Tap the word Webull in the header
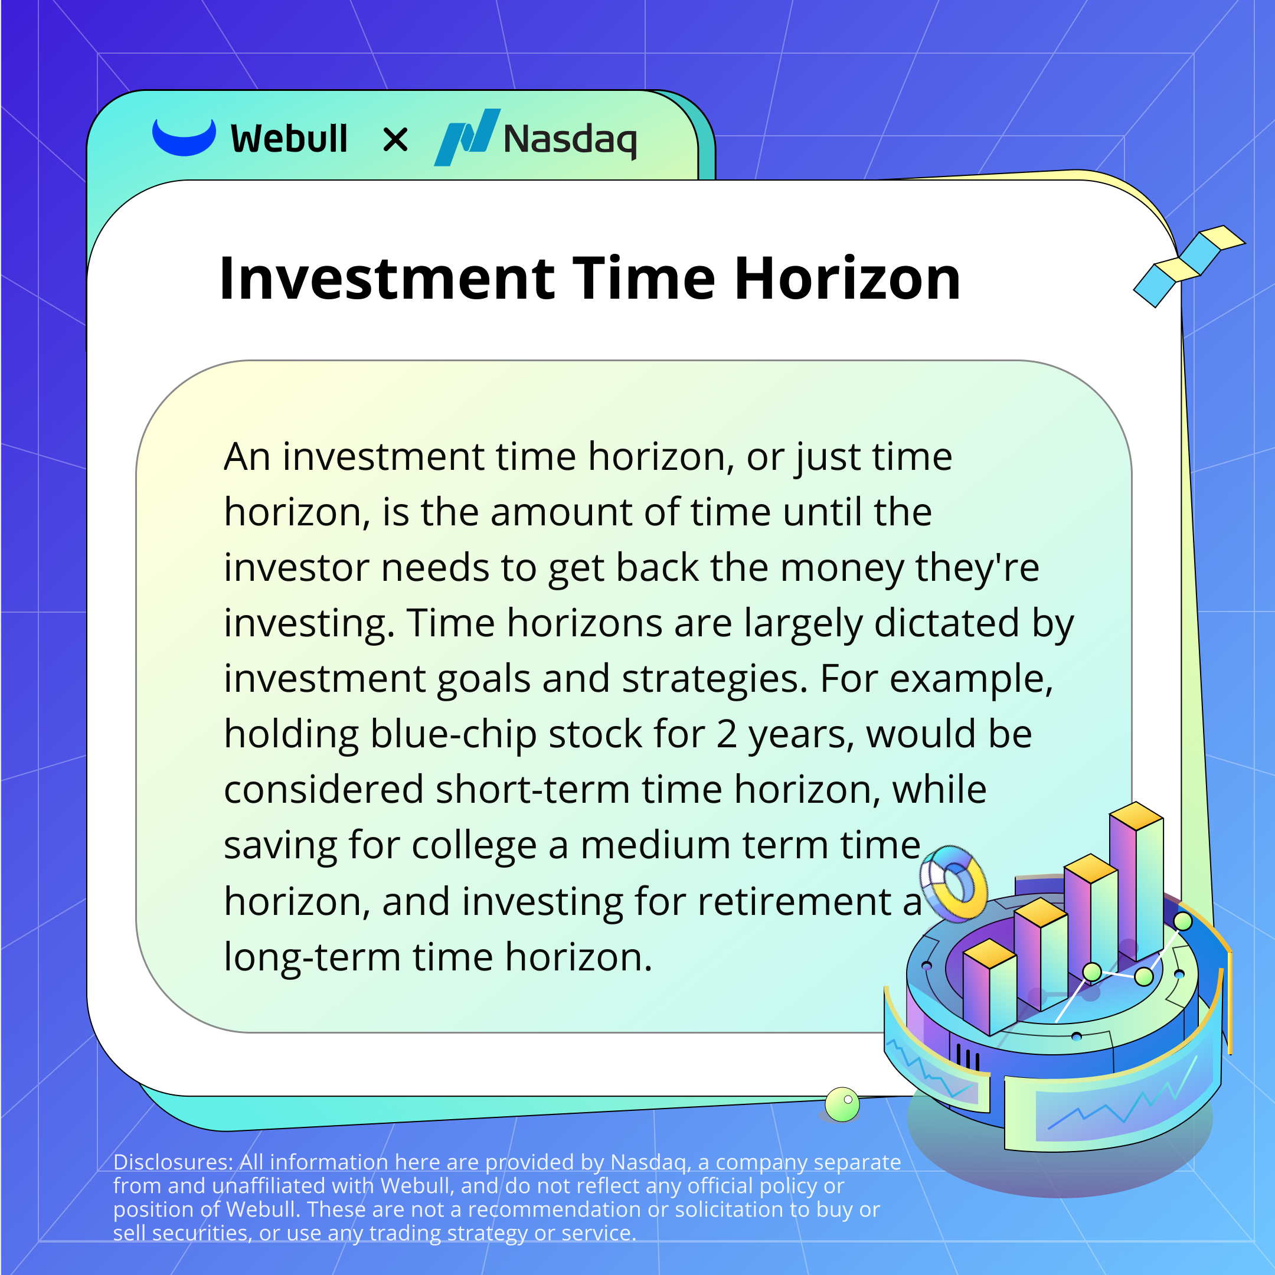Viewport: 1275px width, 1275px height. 289,139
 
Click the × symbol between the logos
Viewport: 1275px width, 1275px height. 395,140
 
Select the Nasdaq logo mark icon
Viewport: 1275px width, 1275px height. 466,138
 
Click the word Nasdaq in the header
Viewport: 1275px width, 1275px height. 570,140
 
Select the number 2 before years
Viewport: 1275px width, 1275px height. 727,734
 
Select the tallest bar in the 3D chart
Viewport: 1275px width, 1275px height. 1136,881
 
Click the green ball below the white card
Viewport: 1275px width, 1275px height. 842,1104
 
